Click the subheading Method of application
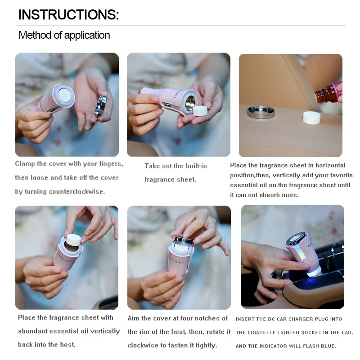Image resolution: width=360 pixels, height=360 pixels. [64, 35]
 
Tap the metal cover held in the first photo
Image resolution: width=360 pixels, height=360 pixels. [101, 106]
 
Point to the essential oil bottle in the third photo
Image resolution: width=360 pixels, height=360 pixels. [328, 92]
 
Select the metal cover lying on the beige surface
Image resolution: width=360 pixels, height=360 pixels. [261, 112]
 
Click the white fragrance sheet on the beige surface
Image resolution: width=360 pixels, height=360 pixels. [311, 117]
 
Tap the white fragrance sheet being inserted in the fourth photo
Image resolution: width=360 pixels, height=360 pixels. [73, 240]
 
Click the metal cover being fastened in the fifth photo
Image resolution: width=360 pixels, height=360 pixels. [183, 240]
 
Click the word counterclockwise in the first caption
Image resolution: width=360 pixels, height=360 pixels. [76, 192]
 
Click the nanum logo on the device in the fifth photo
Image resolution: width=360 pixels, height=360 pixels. [176, 261]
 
